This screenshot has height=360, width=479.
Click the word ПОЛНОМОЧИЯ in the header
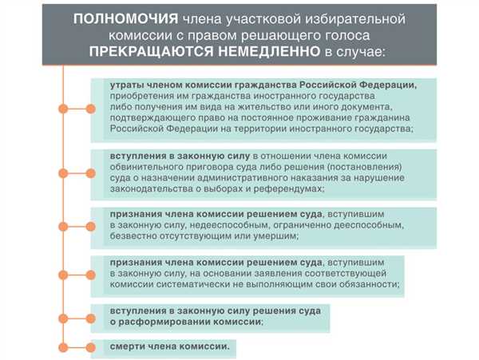point(125,19)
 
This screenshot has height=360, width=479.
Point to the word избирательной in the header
point(355,19)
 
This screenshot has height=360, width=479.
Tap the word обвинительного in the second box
point(141,167)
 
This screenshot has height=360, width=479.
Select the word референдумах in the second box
point(287,188)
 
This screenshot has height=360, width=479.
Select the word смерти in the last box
point(128,346)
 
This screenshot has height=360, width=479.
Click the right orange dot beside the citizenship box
point(90,109)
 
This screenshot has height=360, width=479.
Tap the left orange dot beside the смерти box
point(63,347)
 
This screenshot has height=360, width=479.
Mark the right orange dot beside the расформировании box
point(90,318)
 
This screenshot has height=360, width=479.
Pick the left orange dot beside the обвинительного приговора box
point(63,173)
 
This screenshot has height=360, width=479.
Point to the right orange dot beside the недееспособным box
point(90,227)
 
